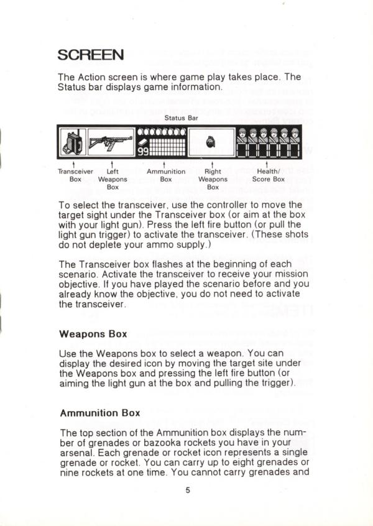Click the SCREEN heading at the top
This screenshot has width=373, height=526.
tap(91, 55)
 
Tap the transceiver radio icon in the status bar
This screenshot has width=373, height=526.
tap(72, 142)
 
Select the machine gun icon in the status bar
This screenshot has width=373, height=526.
tap(111, 141)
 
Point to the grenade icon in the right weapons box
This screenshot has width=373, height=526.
tap(211, 142)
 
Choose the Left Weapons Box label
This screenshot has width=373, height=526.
tap(113, 178)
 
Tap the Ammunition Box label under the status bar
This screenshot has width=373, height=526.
tap(166, 175)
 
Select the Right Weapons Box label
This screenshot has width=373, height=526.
tap(213, 178)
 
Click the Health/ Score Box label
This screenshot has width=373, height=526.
tap(269, 175)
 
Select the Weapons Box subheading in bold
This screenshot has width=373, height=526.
tap(93, 333)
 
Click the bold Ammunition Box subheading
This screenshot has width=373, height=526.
tap(99, 412)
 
